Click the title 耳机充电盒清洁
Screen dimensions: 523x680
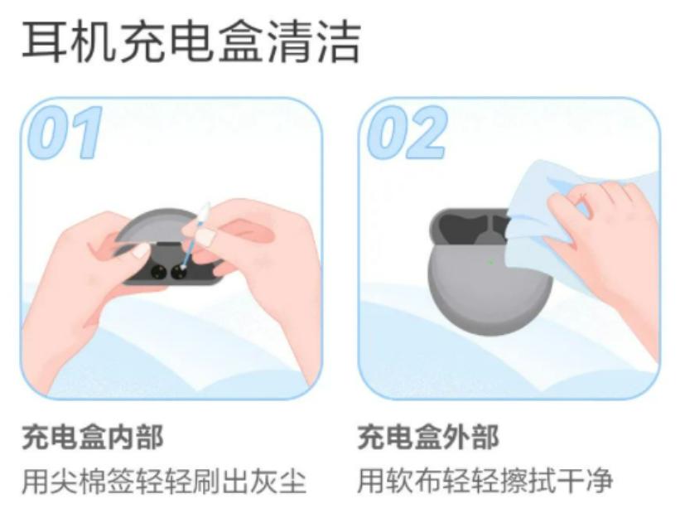(191, 41)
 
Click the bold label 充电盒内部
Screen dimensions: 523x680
(92, 438)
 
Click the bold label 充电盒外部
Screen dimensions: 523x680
(428, 438)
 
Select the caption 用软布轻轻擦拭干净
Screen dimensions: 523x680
(485, 481)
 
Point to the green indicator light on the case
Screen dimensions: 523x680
(490, 263)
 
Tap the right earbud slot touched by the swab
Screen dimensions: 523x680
(179, 271)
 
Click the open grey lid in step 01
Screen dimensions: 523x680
(157, 224)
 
